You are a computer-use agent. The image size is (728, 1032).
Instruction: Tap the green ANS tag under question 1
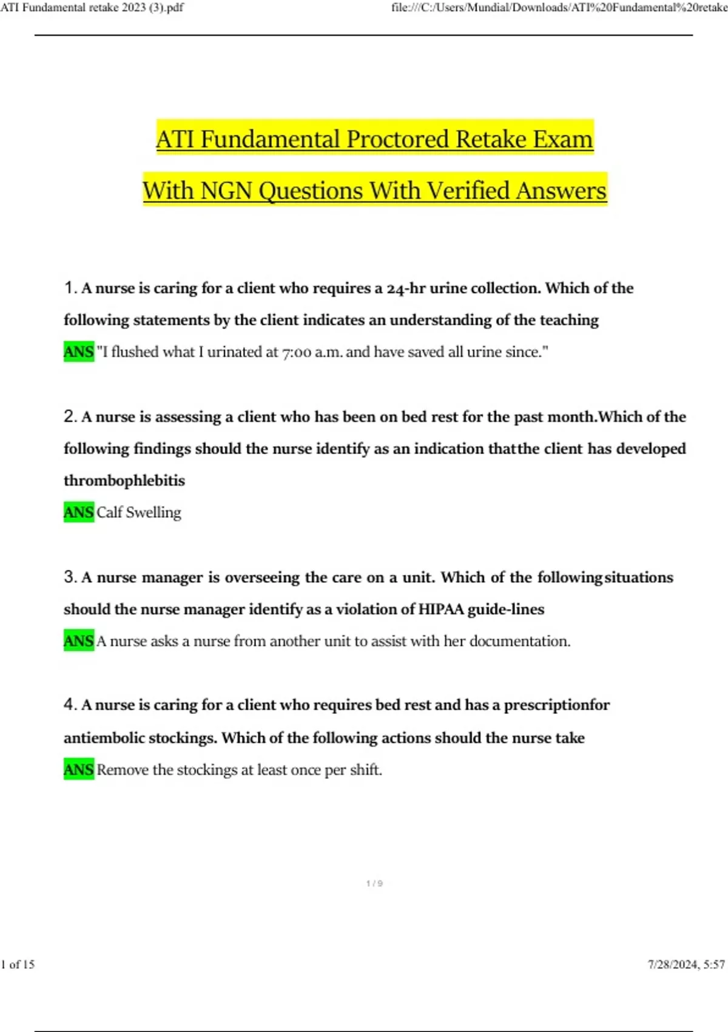click(79, 351)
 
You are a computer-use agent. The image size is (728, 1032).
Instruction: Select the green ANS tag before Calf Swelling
click(79, 512)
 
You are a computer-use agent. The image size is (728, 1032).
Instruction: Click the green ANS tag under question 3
click(79, 641)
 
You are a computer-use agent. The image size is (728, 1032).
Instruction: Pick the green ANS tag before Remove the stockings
click(79, 770)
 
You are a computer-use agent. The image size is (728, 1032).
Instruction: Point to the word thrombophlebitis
click(124, 480)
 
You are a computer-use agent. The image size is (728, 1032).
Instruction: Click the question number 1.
click(69, 288)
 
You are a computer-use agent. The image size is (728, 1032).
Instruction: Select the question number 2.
click(69, 416)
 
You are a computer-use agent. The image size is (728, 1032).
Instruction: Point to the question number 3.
click(69, 577)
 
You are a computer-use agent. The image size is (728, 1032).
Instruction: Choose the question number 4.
click(69, 705)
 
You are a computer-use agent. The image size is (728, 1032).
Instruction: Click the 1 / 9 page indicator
click(374, 883)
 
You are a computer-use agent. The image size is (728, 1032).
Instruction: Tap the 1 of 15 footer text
click(18, 964)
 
